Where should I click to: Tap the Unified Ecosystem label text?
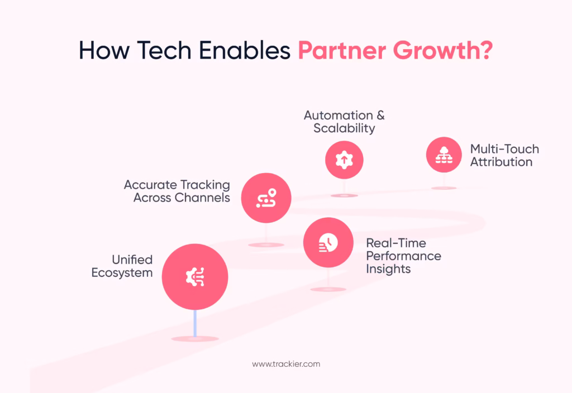click(x=122, y=266)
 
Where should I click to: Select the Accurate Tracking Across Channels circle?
click(x=266, y=198)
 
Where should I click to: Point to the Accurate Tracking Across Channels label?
click(x=177, y=191)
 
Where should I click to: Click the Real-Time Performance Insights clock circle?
click(x=328, y=243)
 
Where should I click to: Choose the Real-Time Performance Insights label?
click(x=403, y=256)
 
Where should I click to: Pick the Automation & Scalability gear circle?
click(x=344, y=160)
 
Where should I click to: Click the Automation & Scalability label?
click(x=344, y=122)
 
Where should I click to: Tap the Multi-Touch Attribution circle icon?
click(x=444, y=155)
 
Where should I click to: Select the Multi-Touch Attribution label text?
click(x=504, y=155)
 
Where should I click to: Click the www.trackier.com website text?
click(x=286, y=364)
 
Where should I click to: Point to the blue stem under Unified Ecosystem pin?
click(x=195, y=323)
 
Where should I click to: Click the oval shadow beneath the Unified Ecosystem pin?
click(x=195, y=339)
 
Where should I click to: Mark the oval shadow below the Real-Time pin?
click(x=328, y=289)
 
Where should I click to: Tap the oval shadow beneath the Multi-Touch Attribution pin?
click(x=444, y=188)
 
